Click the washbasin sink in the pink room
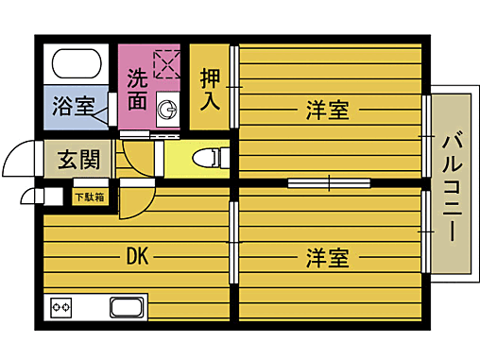pos(167,110)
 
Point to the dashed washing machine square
pos(167,62)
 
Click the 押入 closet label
pos(210,87)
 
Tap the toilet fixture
pos(209,158)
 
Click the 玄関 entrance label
pos(77,159)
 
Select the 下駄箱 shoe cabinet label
pos(91,197)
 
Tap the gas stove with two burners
pos(63,308)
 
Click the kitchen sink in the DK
pos(128,307)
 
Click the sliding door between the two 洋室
pos(329,181)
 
